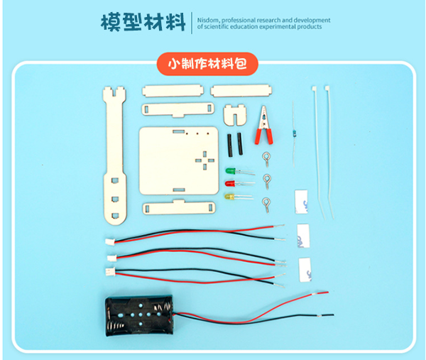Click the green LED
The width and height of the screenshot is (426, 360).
pos(230,171)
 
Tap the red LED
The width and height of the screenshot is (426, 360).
pos(230,183)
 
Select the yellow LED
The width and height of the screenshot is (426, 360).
pos(229,195)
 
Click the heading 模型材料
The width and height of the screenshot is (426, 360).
pos(143,22)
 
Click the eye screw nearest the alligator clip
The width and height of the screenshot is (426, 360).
pos(267,157)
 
